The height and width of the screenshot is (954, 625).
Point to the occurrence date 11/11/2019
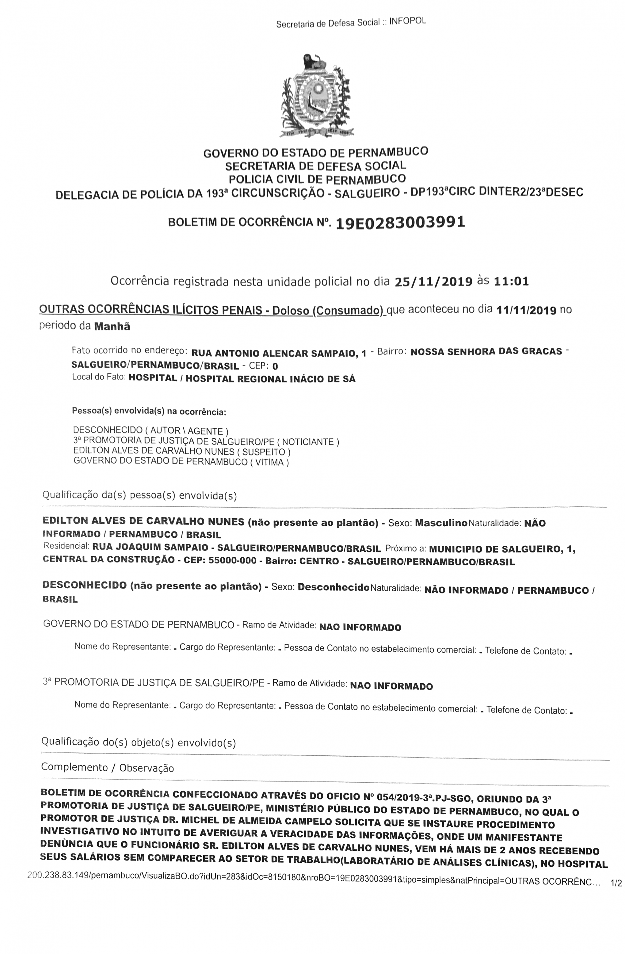[x=526, y=310]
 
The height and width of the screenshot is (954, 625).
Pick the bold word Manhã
[x=112, y=326]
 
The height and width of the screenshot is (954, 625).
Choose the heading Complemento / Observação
[x=107, y=768]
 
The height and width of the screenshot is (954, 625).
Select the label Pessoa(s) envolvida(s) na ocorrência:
[x=149, y=411]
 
